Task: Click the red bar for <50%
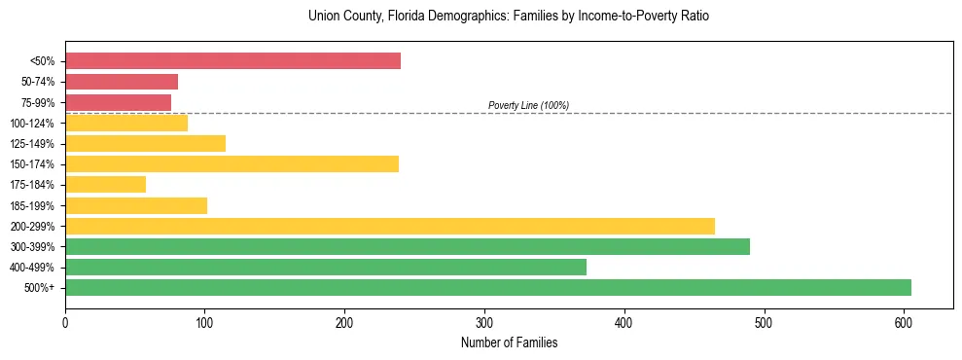tap(232, 60)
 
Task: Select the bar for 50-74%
tap(122, 82)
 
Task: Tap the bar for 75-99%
tap(118, 102)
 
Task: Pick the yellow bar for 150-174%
tap(232, 163)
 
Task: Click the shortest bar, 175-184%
tap(105, 185)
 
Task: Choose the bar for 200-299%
tap(389, 226)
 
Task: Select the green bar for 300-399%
tap(407, 246)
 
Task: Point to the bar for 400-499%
tap(326, 267)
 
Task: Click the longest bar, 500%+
tap(487, 287)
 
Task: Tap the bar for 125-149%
tap(145, 143)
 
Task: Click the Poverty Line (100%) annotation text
tap(528, 105)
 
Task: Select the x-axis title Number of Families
tap(509, 342)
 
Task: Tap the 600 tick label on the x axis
tap(904, 321)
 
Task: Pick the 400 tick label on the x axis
tap(624, 321)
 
